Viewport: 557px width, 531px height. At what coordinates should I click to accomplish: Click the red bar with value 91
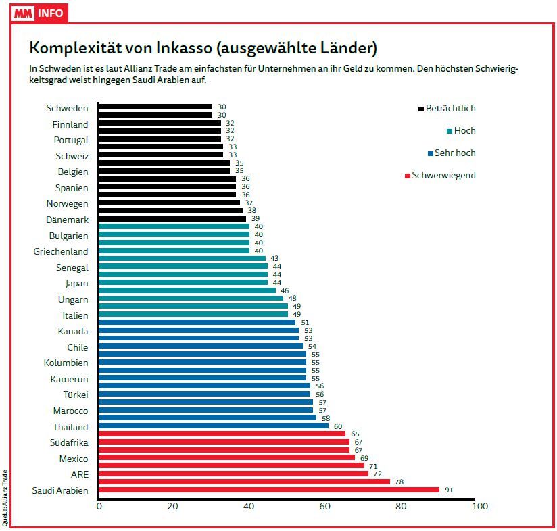[x=269, y=490]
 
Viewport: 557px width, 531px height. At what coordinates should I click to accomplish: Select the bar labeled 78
[x=244, y=482]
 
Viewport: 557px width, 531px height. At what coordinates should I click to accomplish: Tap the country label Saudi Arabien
[x=60, y=490]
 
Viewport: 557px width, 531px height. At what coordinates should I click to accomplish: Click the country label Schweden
[x=67, y=108]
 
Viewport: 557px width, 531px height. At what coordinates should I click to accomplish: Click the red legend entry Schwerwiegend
[x=443, y=176]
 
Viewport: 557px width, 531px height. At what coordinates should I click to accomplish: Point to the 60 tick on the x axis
[x=325, y=506]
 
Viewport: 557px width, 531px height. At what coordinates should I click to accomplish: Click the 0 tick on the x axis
[x=99, y=506]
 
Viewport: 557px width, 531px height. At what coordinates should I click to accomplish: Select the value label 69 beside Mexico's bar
[x=364, y=458]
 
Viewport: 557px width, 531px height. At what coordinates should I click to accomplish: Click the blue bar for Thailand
[x=214, y=426]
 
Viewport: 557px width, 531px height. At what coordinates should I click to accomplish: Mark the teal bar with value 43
[x=183, y=259]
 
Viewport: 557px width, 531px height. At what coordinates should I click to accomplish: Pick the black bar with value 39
[x=172, y=219]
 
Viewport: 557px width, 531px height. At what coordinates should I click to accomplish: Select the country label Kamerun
[x=70, y=379]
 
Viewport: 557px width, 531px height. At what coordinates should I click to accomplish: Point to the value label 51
[x=304, y=323]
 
